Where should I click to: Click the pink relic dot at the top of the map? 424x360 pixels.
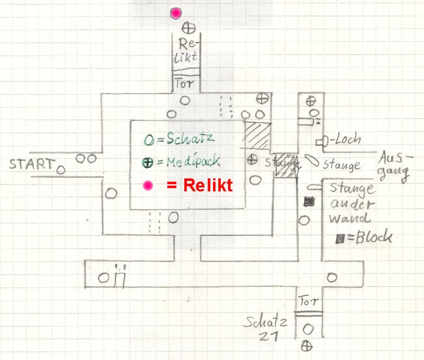coord(176,13)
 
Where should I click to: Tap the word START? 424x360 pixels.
coord(31,164)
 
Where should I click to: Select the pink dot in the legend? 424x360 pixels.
coord(149,186)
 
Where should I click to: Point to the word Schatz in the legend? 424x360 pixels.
coord(190,139)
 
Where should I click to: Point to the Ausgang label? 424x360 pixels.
coord(395,166)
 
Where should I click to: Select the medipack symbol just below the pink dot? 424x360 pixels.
coord(188,28)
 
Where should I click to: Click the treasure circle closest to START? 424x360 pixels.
coord(61,170)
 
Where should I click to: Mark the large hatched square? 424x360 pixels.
coord(257,136)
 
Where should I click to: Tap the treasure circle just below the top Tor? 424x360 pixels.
coord(186,101)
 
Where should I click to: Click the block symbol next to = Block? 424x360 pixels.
coord(340,240)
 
